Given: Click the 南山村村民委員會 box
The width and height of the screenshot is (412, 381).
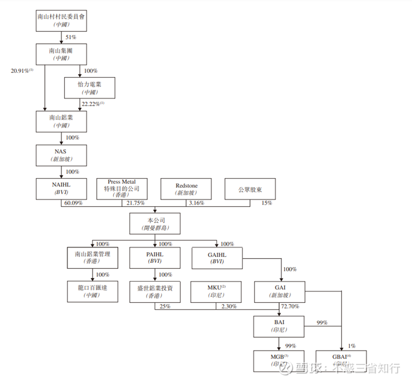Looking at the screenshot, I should tap(61, 20).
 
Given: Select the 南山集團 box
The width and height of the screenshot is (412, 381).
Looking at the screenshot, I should tap(61, 53).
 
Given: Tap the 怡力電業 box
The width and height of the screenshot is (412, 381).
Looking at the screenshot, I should tap(90, 88).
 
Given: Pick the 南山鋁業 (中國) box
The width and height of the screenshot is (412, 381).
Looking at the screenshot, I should tap(61, 121).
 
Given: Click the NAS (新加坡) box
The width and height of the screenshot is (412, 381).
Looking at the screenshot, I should tap(61, 154).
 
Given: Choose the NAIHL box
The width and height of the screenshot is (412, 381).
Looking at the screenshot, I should tap(61, 189).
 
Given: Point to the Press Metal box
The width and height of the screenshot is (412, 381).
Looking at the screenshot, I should tap(121, 189).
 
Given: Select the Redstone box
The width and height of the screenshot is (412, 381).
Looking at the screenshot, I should tap(186, 189).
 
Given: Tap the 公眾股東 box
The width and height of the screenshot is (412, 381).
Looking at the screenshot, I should tap(250, 189).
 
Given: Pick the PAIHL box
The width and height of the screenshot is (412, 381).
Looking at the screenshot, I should tap(154, 257).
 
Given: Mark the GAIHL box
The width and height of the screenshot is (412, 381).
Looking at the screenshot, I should tap(217, 257).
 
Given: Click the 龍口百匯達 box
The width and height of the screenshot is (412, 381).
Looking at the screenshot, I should tap(92, 291).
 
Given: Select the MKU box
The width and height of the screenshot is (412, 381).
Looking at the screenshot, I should tap(216, 291).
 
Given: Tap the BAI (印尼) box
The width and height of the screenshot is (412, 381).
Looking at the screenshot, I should tap(279, 325).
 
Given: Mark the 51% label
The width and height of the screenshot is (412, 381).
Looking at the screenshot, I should tap(70, 37).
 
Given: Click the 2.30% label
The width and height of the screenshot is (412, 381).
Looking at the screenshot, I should tap(230, 307).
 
